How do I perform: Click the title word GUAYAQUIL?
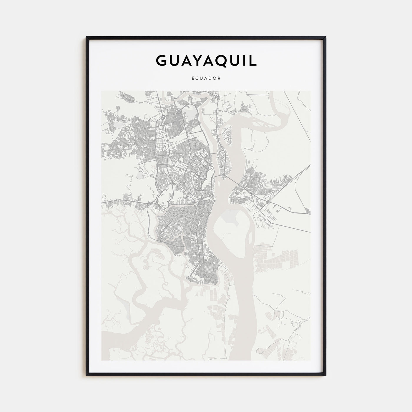206,60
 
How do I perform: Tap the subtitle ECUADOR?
206,79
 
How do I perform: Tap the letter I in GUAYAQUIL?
243,60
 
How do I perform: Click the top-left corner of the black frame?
87,37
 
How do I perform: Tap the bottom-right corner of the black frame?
326,376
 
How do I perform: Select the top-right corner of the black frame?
326,37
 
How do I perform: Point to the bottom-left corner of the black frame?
87,376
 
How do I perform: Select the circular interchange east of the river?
269,202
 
